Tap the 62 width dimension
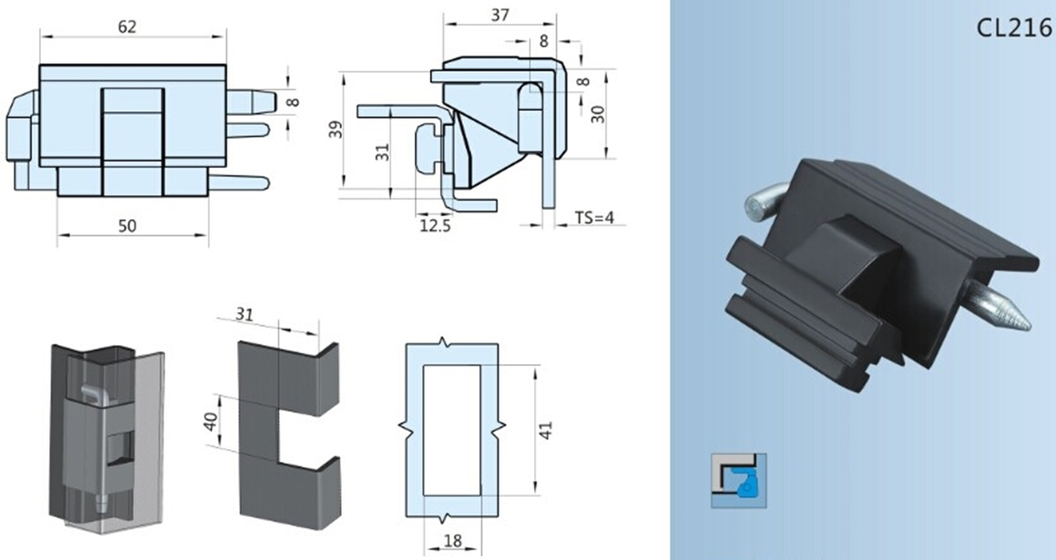click(x=127, y=27)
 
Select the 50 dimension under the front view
click(x=127, y=226)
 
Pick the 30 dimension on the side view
click(x=598, y=114)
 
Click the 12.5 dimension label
click(x=435, y=225)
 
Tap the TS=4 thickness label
click(x=594, y=218)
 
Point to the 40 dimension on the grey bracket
click(x=211, y=419)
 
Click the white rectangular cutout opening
click(x=451, y=429)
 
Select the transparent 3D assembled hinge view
click(x=105, y=432)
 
